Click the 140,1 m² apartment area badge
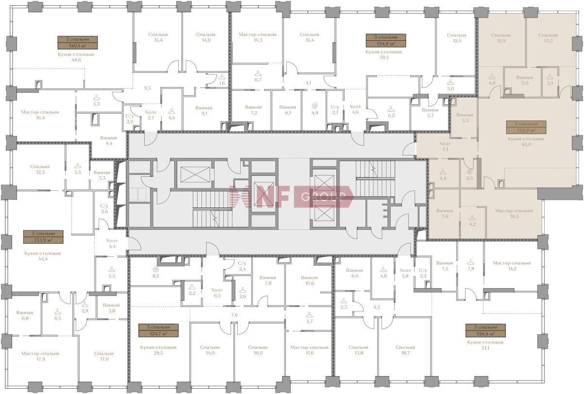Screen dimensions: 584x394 tap(78, 43)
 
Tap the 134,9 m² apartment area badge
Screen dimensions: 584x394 tap(386, 40)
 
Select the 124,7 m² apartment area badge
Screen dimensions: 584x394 tap(159, 330)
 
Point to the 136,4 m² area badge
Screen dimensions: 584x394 tap(486, 330)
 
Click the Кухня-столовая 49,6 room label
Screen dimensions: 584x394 tap(76, 57)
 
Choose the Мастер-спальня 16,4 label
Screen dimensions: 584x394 tap(40, 115)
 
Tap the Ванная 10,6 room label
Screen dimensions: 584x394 tap(309, 280)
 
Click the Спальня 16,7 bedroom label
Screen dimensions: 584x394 tap(405, 350)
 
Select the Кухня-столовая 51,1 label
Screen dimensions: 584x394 tap(485, 344)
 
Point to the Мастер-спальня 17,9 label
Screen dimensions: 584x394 tap(40, 356)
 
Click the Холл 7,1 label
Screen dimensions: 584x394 tap(445, 146)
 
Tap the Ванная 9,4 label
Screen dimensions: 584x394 tap(108, 140)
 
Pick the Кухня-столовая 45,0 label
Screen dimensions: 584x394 tap(526, 141)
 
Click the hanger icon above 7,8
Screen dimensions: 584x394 tap(470, 262)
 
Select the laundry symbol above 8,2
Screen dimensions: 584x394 tap(156, 269)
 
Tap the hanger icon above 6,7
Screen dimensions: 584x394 tap(258, 73)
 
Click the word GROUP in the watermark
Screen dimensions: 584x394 tap(323, 196)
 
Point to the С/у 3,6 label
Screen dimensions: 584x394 tap(104, 209)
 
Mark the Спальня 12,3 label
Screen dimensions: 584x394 tap(40, 169)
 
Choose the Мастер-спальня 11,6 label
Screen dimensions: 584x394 tap(309, 350)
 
